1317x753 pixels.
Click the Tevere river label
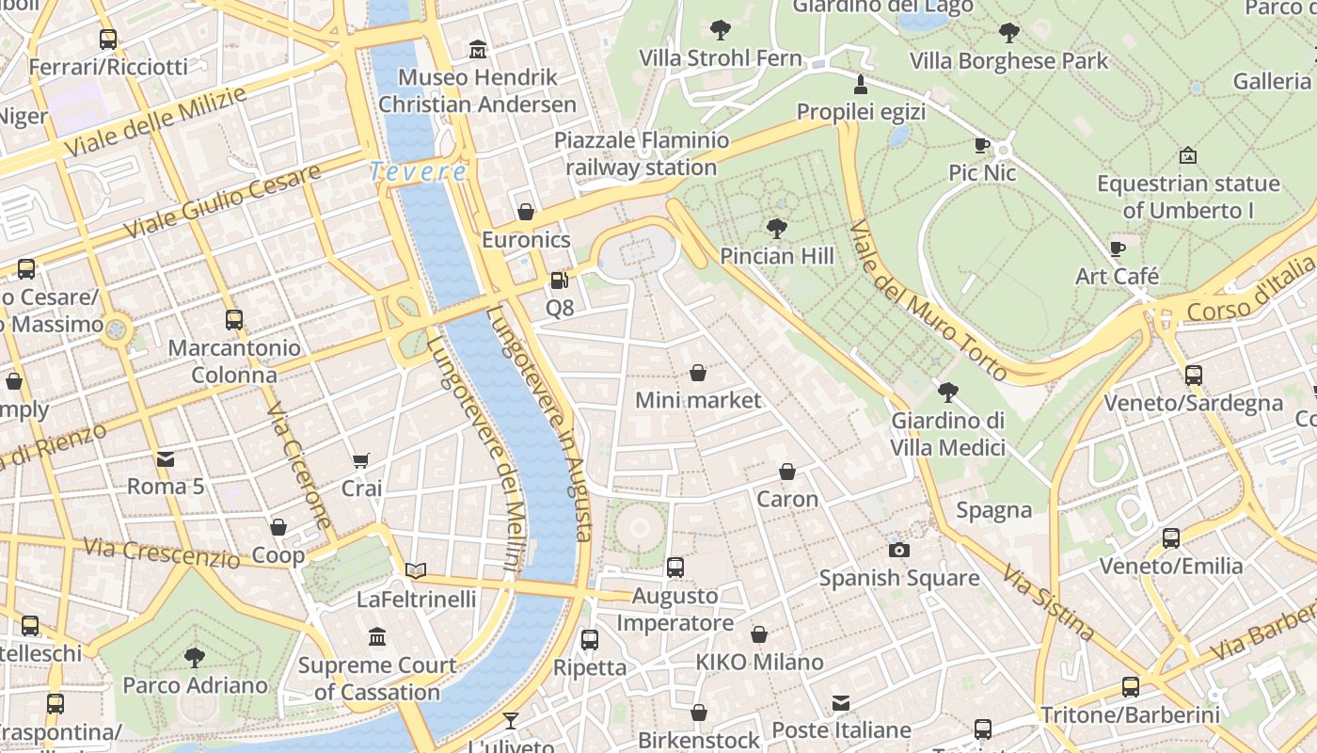(418, 172)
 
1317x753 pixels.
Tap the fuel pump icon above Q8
(559, 280)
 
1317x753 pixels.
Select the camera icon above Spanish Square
(898, 550)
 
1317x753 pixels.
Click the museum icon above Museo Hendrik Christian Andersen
(478, 49)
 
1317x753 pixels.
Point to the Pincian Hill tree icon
(777, 228)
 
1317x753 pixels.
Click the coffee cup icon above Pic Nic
(982, 145)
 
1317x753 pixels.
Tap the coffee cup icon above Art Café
(1118, 248)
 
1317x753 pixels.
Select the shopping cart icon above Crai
(361, 460)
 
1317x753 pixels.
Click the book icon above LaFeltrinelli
(416, 570)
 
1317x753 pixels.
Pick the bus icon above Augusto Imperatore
(674, 567)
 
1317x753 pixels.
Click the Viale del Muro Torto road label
(927, 301)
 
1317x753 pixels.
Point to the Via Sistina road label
(1047, 602)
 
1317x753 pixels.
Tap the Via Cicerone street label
(299, 467)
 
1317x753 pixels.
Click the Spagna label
(993, 510)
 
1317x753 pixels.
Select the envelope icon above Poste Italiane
(841, 702)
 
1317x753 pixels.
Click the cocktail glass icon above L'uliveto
(511, 721)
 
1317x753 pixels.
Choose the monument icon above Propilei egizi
(860, 85)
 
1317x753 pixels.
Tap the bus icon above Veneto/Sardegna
(1193, 375)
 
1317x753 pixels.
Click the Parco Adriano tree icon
(195, 657)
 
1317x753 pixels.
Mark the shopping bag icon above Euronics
(526, 212)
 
